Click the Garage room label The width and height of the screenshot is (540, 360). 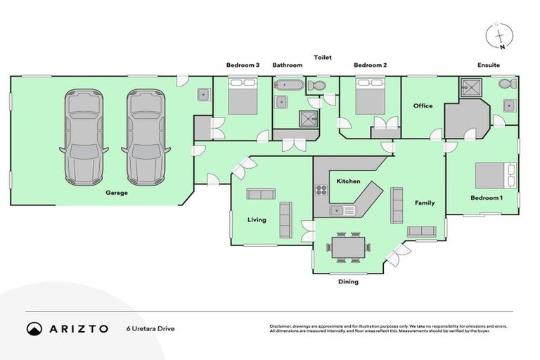117,193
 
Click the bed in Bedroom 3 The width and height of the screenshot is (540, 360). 243,97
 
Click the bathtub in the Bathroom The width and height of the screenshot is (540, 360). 288,86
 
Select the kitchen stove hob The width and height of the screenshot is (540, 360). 321,190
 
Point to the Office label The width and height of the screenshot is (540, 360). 423,106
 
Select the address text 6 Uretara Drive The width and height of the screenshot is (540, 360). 150,328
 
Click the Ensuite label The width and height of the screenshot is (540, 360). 488,65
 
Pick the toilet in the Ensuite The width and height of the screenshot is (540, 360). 506,84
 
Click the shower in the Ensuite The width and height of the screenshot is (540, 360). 468,87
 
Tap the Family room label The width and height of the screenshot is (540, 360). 424,203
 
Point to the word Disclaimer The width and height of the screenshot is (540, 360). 283,326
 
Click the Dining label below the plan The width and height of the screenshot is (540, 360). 348,282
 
